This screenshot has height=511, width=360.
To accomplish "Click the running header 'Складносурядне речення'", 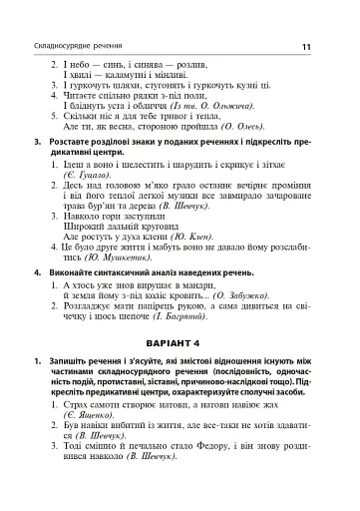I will tap(78, 47).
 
